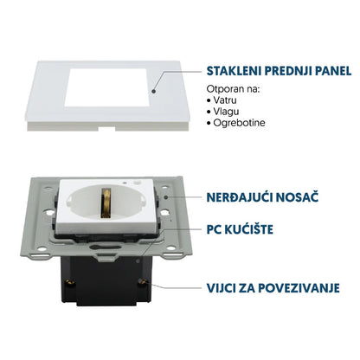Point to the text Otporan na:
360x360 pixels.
click(x=234, y=89)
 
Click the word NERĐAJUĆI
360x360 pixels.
click(x=240, y=197)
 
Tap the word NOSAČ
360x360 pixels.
click(x=297, y=197)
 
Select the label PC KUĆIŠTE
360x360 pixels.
click(x=240, y=229)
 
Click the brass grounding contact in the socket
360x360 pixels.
click(x=106, y=203)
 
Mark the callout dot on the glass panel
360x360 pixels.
click(x=154, y=92)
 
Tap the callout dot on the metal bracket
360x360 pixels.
click(x=166, y=197)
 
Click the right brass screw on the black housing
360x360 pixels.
click(x=141, y=282)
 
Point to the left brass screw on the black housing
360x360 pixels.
click(x=69, y=282)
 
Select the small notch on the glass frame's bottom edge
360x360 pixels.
click(x=106, y=128)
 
